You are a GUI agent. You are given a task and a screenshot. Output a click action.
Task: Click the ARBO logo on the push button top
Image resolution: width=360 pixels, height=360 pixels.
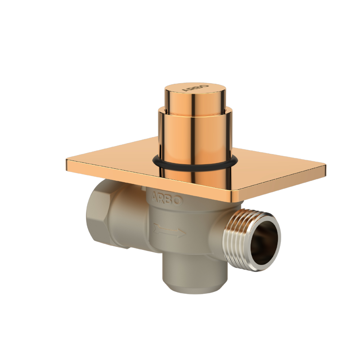pyautogui.click(x=195, y=88)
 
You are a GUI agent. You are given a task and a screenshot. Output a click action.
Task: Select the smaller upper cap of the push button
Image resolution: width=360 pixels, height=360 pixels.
pyautogui.click(x=194, y=99)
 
